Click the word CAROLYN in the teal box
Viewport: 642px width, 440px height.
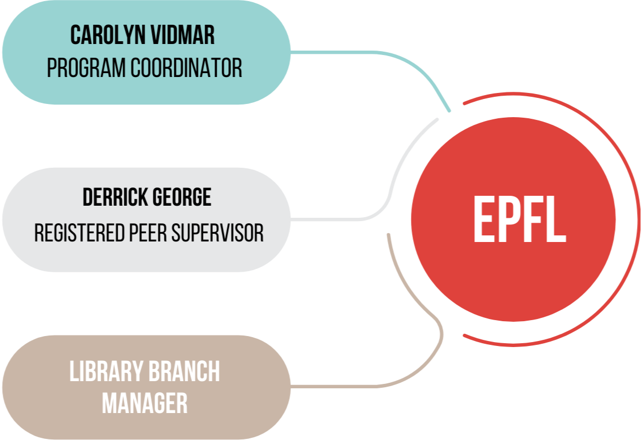(103, 35)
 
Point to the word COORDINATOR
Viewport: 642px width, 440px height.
(186, 68)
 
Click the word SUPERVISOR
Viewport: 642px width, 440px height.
(218, 233)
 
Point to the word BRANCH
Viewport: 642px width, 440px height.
(186, 372)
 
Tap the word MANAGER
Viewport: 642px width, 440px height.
(145, 403)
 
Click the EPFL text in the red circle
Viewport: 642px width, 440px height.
(519, 220)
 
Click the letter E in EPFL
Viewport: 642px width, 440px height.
(484, 220)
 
